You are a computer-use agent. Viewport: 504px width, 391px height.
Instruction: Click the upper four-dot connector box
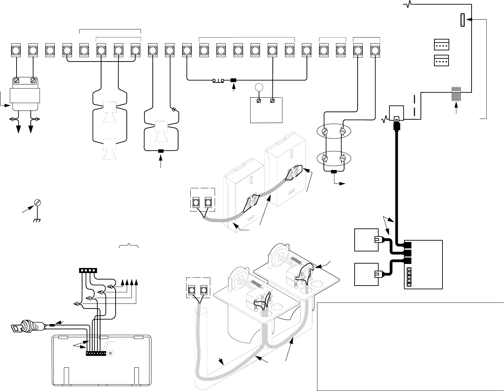(x=441, y=44)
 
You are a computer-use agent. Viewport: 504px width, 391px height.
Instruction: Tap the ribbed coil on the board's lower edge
(x=456, y=94)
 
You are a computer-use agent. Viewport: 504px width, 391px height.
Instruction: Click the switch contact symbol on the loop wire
(x=218, y=80)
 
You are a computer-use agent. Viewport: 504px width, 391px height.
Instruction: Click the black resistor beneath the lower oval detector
(x=334, y=172)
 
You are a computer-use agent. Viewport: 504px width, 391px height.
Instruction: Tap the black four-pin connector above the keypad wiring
(x=88, y=270)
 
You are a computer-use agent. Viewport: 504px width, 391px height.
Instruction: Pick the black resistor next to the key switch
(x=52, y=325)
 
